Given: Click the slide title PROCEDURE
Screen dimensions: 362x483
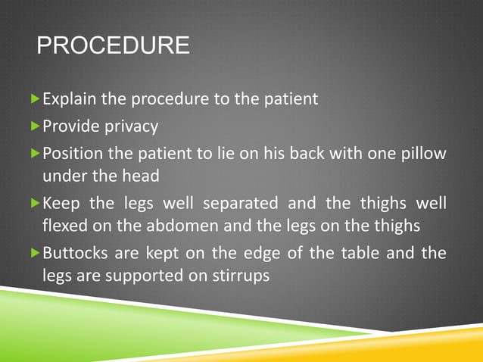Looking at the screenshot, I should (x=114, y=45).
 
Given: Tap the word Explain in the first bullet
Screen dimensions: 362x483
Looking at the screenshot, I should (x=67, y=99).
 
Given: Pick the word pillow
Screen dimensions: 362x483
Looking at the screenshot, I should (x=424, y=154).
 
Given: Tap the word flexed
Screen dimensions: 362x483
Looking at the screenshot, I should (x=65, y=226).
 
